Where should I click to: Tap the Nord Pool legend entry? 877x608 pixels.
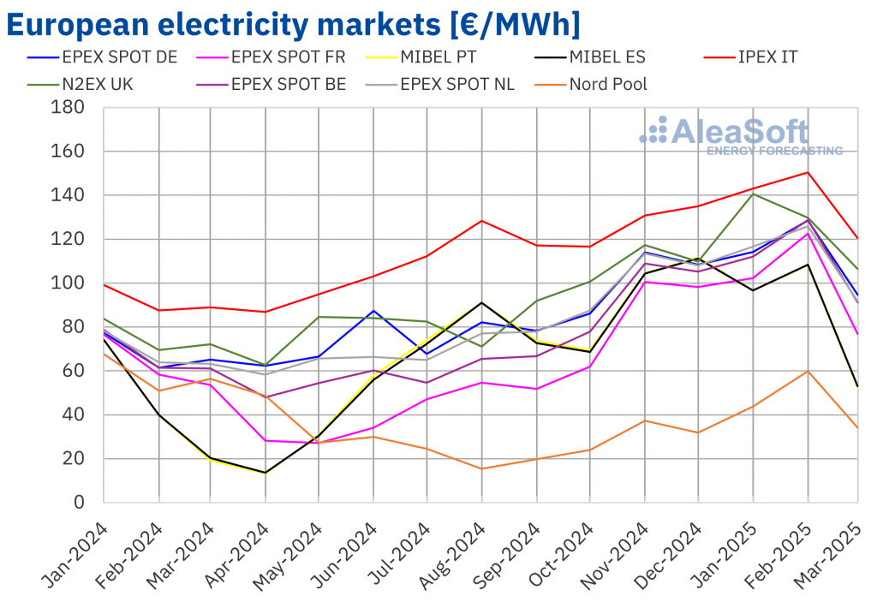click(x=609, y=84)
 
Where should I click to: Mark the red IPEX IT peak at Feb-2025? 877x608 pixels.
click(x=808, y=172)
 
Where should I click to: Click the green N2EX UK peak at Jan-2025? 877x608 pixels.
click(x=754, y=194)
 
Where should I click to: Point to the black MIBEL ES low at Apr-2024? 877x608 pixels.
click(x=265, y=473)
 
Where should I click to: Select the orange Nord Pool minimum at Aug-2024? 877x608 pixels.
click(x=482, y=468)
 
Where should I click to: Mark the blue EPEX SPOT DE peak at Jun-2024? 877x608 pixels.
click(x=373, y=311)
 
